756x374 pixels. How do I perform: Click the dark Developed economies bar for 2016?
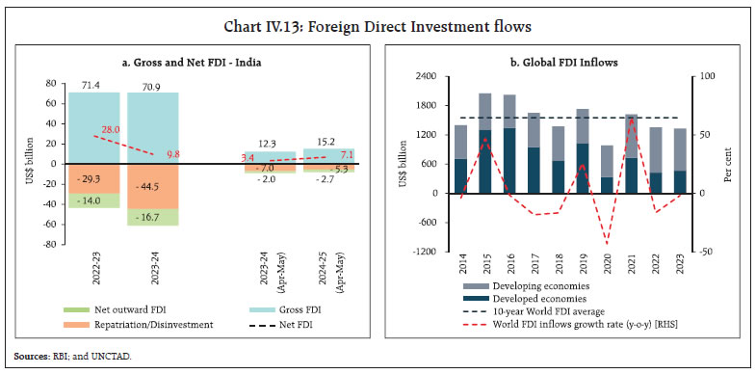pos(536,160)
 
